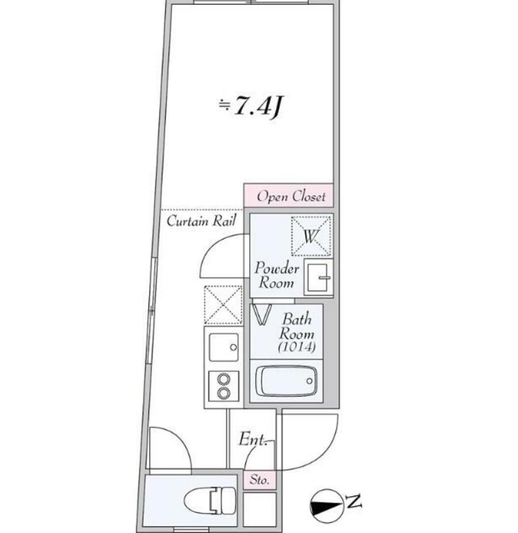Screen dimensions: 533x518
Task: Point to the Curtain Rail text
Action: click(201, 221)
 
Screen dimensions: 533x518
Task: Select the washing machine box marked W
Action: click(311, 236)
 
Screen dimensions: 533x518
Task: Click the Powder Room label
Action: click(276, 276)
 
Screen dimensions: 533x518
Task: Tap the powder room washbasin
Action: click(318, 277)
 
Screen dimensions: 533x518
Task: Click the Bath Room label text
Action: click(297, 326)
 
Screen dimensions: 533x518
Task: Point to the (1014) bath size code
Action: click(296, 347)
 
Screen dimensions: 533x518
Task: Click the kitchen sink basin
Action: click(223, 347)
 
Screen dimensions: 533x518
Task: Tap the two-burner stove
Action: click(224, 386)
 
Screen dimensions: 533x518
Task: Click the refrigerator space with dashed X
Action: click(223, 304)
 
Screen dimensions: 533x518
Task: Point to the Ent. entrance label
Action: click(252, 439)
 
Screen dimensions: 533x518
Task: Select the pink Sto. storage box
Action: click(259, 480)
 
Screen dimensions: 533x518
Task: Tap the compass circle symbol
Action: click(327, 505)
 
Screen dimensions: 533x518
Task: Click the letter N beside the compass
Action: click(354, 502)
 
